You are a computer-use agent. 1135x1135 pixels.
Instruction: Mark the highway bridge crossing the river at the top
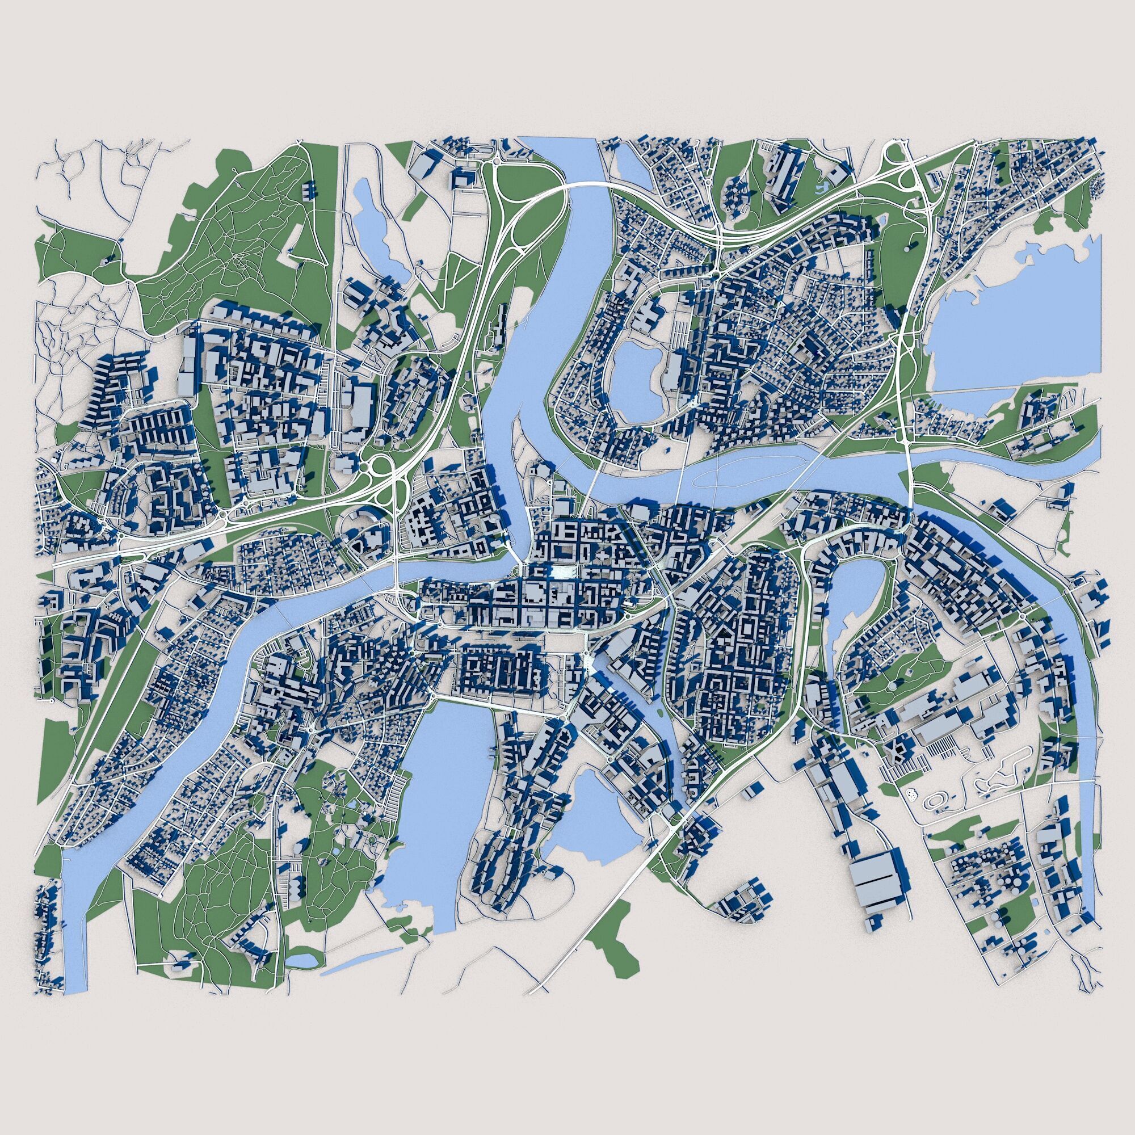587,187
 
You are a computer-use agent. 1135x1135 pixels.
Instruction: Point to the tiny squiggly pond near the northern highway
822,187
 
